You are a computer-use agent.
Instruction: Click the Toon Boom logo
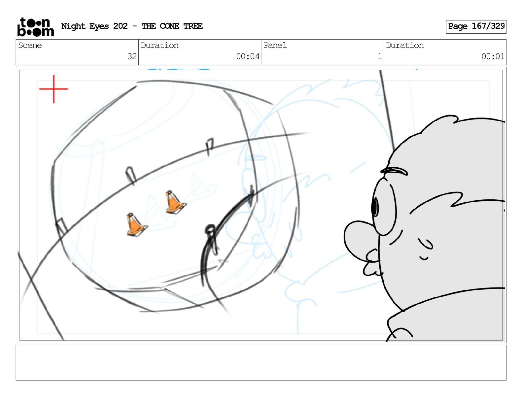tap(36, 27)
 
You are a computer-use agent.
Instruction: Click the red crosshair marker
tap(54, 89)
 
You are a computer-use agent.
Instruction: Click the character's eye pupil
tap(375, 207)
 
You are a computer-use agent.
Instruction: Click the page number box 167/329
tap(476, 27)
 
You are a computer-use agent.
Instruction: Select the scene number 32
tap(132, 56)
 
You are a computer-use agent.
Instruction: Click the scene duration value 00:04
tap(248, 56)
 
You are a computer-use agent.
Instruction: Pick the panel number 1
tap(379, 56)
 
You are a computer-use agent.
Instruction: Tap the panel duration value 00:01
tap(493, 56)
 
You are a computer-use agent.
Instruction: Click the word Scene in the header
tap(30, 45)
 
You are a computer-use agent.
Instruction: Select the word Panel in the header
tap(275, 45)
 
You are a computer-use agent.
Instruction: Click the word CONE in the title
tap(169, 26)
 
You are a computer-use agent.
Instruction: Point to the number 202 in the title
tap(120, 26)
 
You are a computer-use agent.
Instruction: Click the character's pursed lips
tap(372, 262)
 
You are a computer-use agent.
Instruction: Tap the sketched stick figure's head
tap(210, 229)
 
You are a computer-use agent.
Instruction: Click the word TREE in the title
tap(193, 26)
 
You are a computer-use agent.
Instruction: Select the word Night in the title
tap(73, 26)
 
